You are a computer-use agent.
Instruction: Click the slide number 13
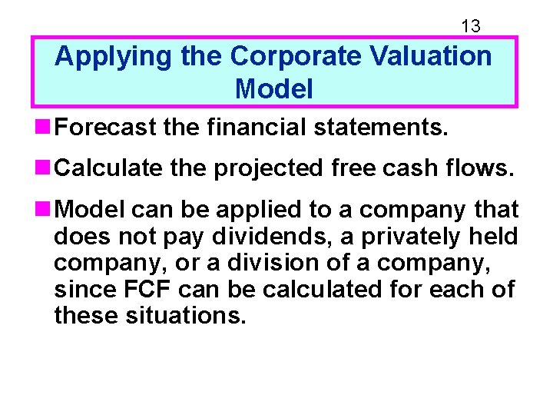470,26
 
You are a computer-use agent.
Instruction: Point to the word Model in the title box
274,89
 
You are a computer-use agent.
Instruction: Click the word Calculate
108,168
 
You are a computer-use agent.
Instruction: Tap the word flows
482,168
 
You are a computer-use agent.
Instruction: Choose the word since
81,290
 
